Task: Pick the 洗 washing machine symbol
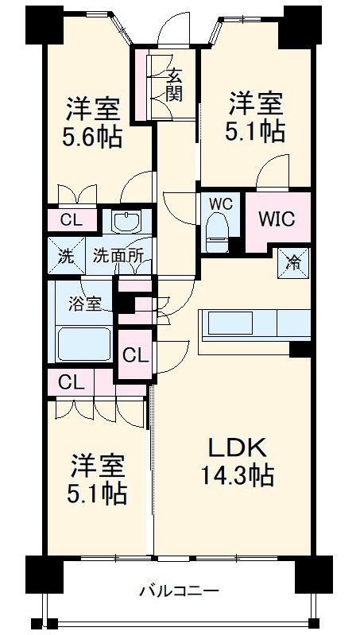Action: click(63, 256)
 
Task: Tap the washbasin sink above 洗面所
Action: click(124, 222)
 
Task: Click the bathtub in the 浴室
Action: click(85, 344)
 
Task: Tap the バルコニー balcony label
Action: click(179, 590)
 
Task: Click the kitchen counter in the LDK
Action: click(253, 324)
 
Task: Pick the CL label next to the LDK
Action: click(136, 354)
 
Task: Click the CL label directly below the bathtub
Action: click(70, 382)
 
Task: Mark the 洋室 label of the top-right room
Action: click(256, 103)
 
